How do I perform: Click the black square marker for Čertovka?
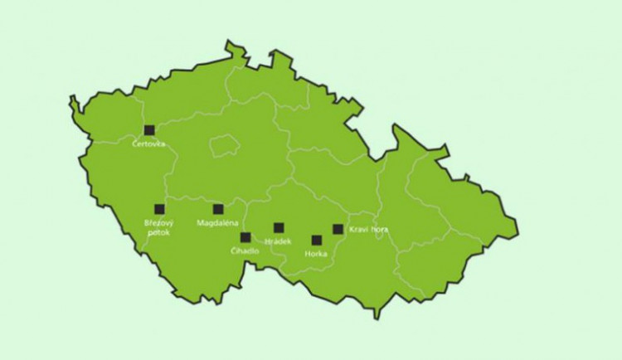click(149, 130)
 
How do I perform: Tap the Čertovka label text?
click(149, 144)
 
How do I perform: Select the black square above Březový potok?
click(159, 209)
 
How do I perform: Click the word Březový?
click(158, 224)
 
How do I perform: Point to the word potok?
click(158, 233)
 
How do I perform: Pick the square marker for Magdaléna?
click(218, 209)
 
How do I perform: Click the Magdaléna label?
click(218, 224)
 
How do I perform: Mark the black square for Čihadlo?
click(245, 237)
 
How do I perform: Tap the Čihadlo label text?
click(245, 251)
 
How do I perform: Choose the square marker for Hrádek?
click(279, 227)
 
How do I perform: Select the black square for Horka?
click(317, 241)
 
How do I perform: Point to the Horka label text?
click(316, 254)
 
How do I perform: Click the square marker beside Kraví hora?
click(338, 229)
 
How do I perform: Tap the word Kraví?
click(358, 229)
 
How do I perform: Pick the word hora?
click(379, 229)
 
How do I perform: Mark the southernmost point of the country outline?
click(377, 319)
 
